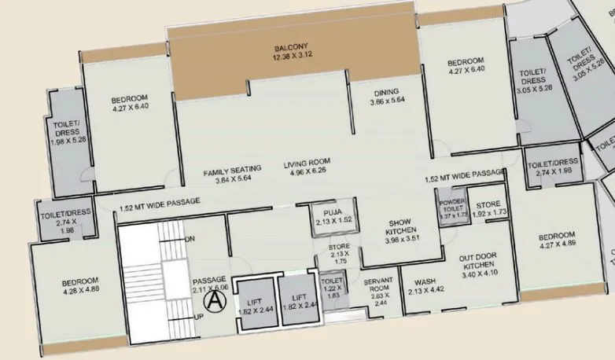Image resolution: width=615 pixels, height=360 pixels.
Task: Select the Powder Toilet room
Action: (453, 208)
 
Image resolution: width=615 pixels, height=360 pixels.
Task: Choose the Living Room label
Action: (305, 167)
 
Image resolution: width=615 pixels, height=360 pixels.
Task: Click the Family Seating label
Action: (226, 174)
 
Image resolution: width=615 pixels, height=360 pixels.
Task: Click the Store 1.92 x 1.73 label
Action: (488, 209)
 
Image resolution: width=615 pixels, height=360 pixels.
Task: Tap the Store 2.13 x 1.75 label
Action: (339, 254)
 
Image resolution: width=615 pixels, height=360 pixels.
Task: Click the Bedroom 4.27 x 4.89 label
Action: (557, 240)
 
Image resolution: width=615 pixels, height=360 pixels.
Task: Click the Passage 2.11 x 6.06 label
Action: (210, 284)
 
